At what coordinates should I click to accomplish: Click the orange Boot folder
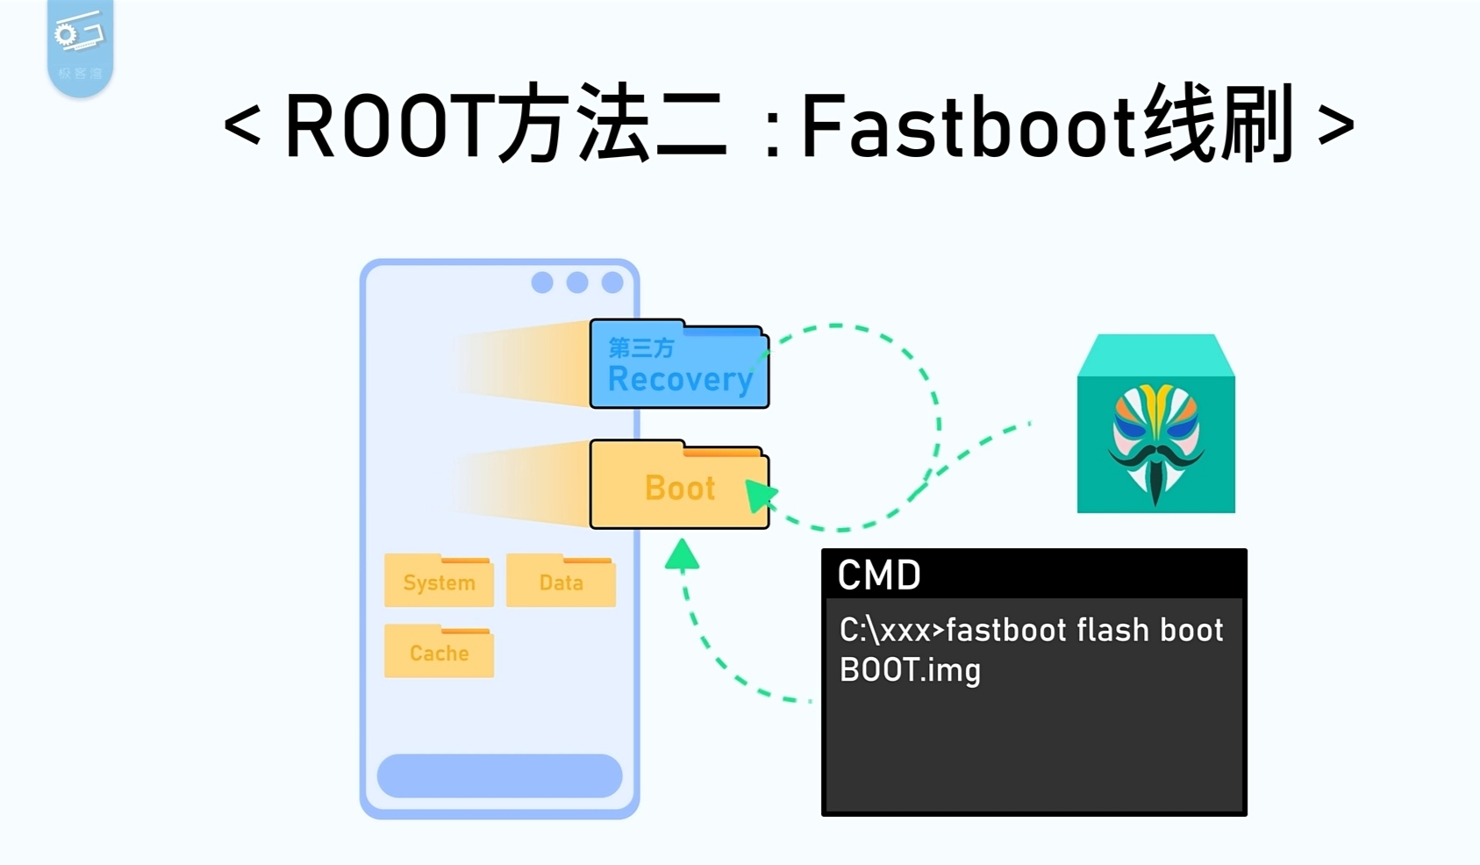(679, 487)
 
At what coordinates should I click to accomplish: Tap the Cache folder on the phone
(439, 653)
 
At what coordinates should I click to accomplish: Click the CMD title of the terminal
(878, 575)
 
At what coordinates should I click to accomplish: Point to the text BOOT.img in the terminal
(910, 670)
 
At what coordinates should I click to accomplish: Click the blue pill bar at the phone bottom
(499, 776)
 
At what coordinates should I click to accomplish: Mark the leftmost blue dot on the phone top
(542, 282)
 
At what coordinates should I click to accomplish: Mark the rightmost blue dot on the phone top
(612, 282)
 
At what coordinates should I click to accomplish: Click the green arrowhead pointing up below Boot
(682, 556)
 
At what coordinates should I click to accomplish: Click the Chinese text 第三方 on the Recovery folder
(641, 348)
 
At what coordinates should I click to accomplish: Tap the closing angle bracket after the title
(1335, 125)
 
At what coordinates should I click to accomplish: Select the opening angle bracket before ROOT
(241, 125)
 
